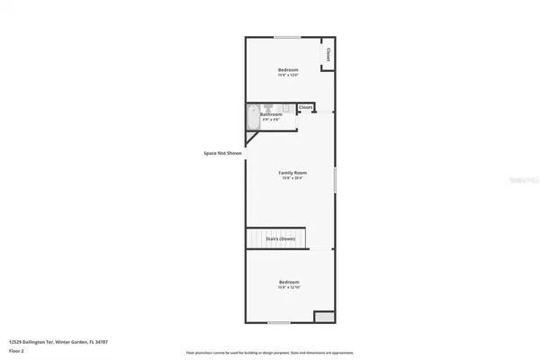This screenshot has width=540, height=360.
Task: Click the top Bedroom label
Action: (287, 70)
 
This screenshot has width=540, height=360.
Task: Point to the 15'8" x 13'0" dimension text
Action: (287, 76)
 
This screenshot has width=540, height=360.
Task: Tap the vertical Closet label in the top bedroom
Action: (328, 54)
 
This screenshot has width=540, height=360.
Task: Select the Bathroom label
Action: (271, 114)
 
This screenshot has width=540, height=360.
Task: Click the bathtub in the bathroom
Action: (251, 118)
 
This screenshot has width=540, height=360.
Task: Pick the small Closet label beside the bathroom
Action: (305, 107)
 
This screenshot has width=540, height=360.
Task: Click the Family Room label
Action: (292, 172)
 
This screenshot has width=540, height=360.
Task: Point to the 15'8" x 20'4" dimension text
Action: (292, 177)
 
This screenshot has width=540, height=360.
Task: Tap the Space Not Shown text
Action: (222, 153)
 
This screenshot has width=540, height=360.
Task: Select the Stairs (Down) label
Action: (281, 238)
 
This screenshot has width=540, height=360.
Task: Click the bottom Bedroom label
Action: (289, 282)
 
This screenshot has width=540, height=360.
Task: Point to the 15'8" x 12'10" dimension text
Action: (289, 287)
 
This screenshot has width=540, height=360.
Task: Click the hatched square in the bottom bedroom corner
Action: (322, 316)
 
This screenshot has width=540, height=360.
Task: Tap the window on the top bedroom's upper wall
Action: (287, 37)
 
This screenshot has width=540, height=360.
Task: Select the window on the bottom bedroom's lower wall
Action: (278, 322)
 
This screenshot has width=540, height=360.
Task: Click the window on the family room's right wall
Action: (336, 179)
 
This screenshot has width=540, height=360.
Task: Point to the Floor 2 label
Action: (15, 350)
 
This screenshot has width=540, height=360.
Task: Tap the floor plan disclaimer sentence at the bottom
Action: (269, 353)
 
